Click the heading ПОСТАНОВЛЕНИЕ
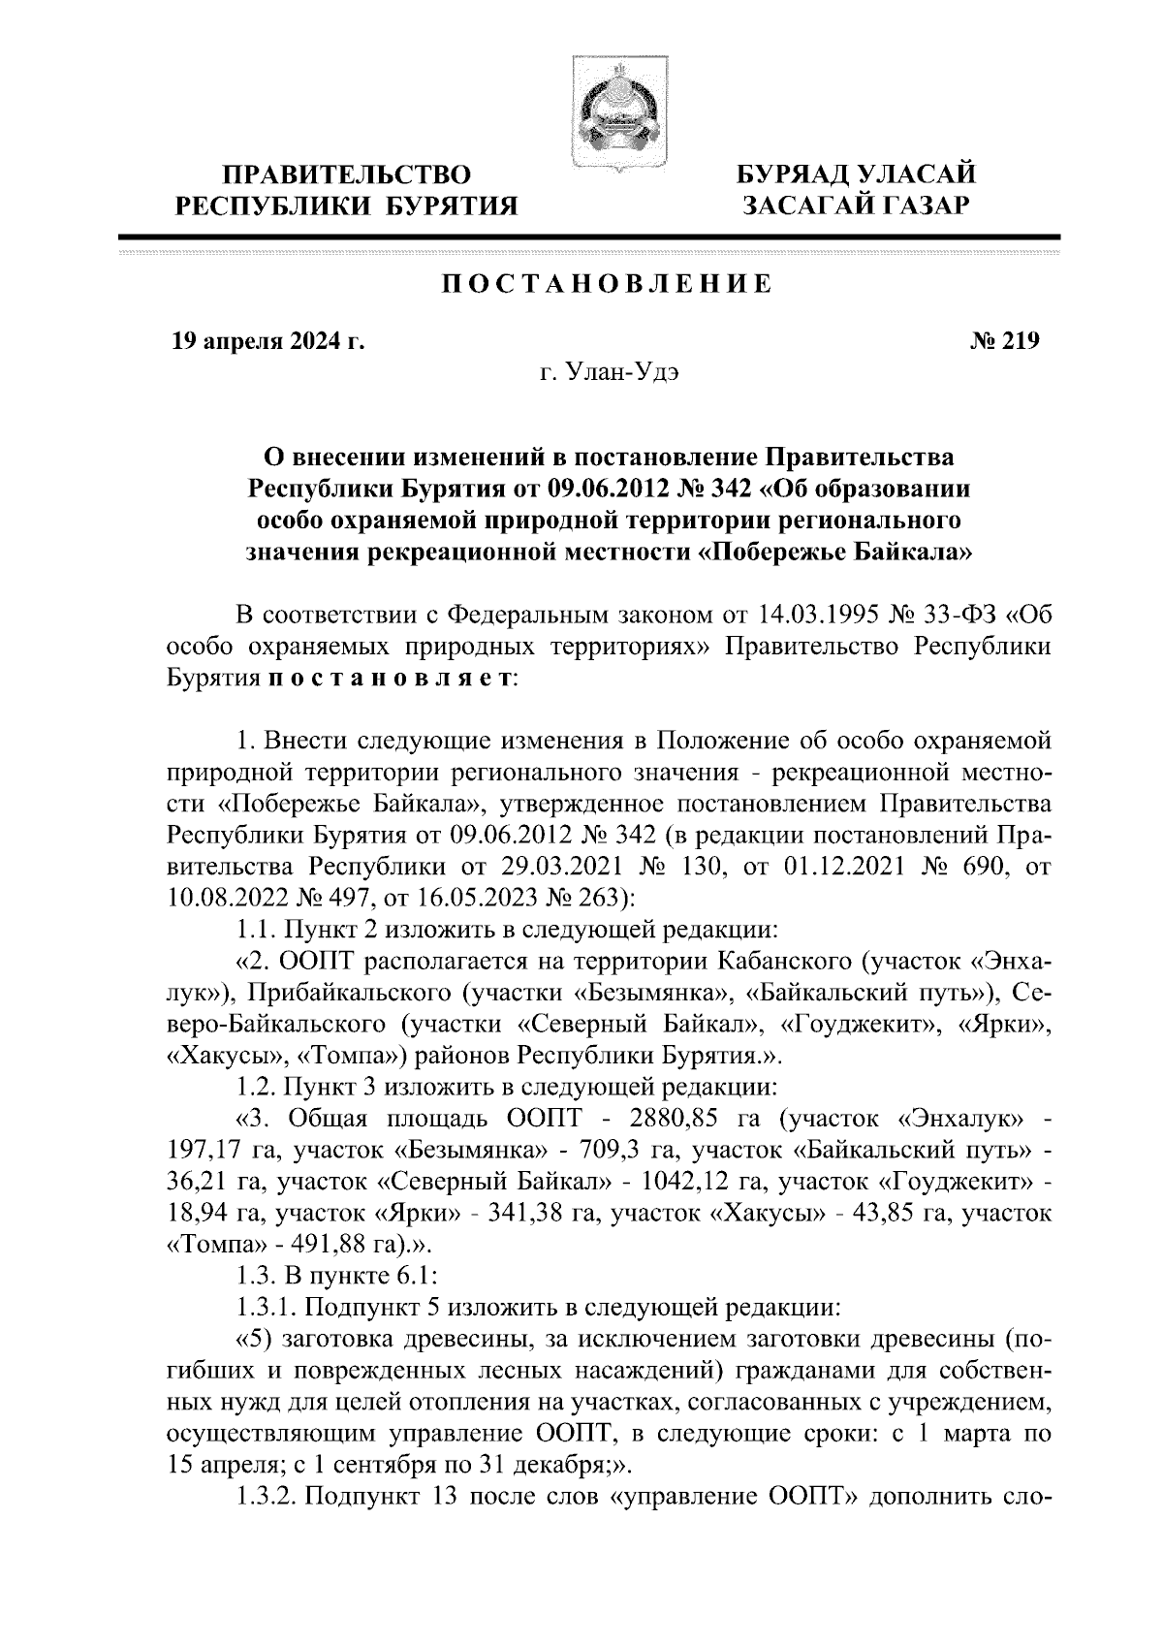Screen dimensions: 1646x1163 coord(608,284)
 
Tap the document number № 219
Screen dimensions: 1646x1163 coord(1004,340)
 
